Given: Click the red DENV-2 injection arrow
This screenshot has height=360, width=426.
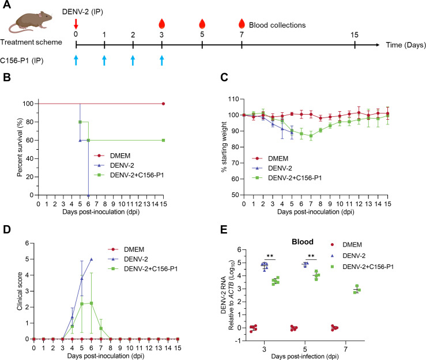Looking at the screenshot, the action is point(76,24).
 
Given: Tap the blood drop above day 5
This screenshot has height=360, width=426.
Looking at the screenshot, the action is point(202,24).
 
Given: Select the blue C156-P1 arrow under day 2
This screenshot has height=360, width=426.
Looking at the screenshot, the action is point(133,60).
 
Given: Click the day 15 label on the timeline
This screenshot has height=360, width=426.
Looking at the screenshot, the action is point(355,35).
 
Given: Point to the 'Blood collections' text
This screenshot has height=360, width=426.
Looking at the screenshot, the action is point(277,25).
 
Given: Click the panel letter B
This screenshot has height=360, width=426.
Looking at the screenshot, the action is point(7,77).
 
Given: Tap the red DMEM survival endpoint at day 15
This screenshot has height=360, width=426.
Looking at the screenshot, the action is point(163,104).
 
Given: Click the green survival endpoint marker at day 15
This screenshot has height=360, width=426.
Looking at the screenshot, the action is point(163,141).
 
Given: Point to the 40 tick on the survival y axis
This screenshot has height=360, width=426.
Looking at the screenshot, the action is point(30,158).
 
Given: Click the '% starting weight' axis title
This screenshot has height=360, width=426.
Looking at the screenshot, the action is point(224,147).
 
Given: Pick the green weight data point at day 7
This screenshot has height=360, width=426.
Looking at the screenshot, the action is point(311,136).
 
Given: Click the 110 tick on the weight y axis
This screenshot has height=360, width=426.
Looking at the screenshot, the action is point(233,99).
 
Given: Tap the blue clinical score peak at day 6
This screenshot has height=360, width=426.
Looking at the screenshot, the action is point(91,259).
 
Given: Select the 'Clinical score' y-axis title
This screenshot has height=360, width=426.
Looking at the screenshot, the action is point(20,291).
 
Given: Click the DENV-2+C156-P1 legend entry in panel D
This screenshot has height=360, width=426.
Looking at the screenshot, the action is point(143,269).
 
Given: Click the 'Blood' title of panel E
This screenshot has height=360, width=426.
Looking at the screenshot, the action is point(303,241).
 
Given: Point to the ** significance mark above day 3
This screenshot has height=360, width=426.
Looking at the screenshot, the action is point(270,256).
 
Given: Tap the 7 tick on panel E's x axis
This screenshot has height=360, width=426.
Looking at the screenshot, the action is point(345,349).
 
